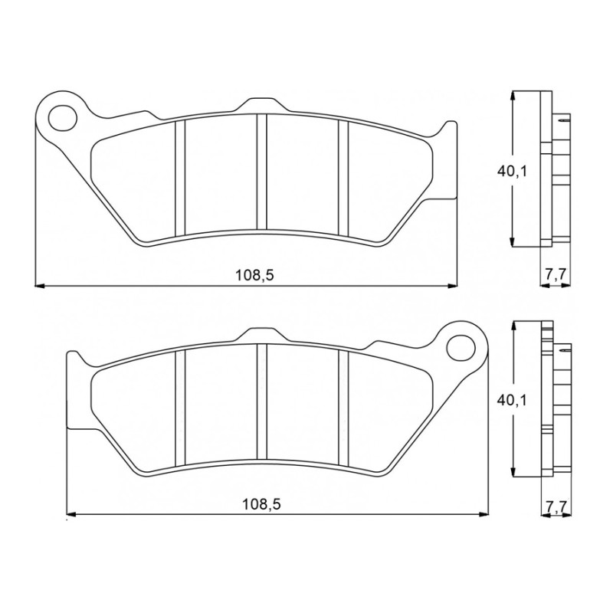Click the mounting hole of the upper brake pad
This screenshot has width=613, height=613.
[x=63, y=117]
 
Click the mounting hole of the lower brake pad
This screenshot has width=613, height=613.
[x=461, y=348]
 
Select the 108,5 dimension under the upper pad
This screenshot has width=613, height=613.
[x=254, y=275]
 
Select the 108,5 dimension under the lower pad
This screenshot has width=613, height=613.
[x=261, y=504]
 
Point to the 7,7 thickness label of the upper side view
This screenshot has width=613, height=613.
[x=554, y=274]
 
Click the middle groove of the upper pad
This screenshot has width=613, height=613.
[x=261, y=172]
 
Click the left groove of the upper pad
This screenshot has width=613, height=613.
[x=180, y=179]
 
